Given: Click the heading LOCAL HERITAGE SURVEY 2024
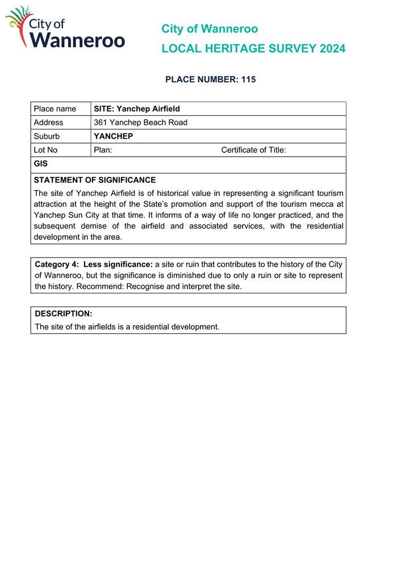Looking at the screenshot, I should (253, 49).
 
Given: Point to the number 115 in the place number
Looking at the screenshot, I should (248, 80).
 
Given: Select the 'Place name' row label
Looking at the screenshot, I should (55, 109).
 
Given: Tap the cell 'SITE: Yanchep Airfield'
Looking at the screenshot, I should (137, 109).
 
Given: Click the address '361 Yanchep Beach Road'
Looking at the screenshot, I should (140, 122).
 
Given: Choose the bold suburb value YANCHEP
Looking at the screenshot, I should (113, 136).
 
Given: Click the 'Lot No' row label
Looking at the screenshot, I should (46, 150).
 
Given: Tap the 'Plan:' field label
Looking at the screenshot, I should (103, 150).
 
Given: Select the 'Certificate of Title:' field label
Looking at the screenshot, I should (253, 150).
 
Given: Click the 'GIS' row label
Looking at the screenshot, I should (40, 164).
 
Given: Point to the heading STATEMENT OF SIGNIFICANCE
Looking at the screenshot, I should (95, 180).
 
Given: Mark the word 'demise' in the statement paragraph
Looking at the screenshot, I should (97, 226).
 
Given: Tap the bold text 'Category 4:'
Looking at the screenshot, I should (57, 264).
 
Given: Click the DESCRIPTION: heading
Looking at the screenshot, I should (64, 314).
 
